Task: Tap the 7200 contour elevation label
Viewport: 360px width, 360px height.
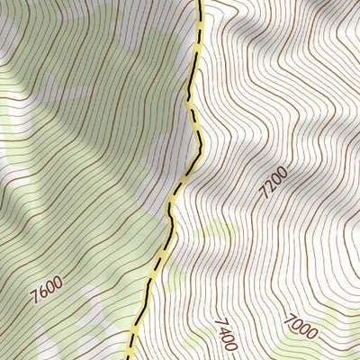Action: pos(274,181)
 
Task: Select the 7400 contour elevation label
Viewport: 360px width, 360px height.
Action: pos(225,333)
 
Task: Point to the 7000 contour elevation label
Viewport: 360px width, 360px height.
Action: pos(301,326)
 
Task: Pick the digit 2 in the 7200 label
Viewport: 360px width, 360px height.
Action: pos(271,185)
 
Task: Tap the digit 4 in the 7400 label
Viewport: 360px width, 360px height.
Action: pos(223,329)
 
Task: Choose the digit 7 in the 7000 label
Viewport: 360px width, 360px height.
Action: pos(289,318)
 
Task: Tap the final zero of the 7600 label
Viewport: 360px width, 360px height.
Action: pos(58,284)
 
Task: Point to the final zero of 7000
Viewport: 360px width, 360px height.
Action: pos(311,334)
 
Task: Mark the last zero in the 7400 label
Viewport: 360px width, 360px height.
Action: pos(229,346)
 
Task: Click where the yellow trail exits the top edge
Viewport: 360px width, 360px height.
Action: pos(199,2)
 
